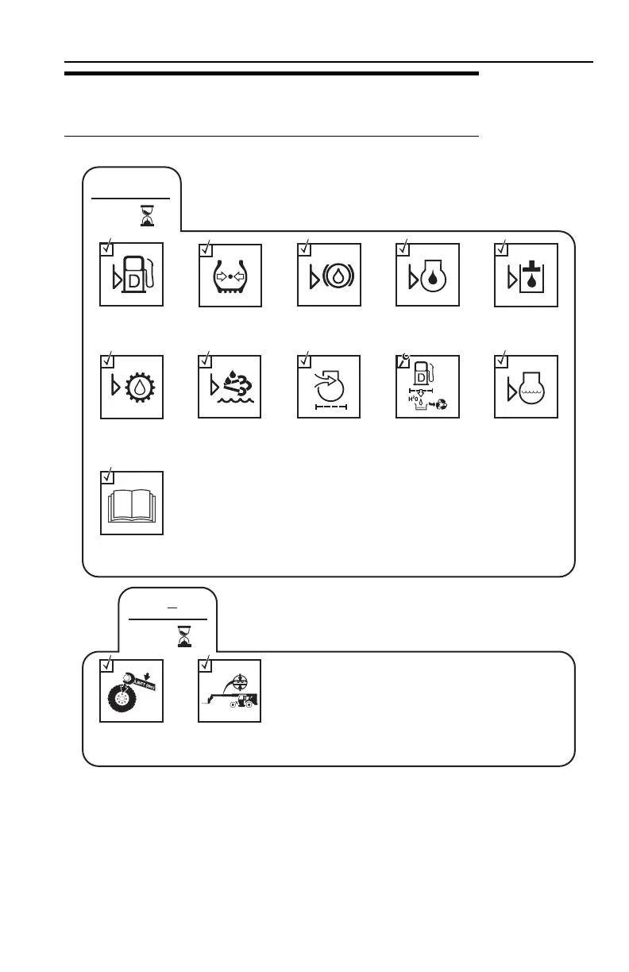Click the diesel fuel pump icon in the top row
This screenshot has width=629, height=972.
click(132, 275)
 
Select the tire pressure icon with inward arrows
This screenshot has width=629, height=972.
click(230, 275)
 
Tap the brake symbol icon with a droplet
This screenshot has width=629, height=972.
click(329, 275)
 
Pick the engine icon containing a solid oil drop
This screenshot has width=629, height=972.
click(427, 275)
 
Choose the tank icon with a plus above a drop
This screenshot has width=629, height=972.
click(526, 275)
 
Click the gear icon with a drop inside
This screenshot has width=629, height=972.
click(132, 388)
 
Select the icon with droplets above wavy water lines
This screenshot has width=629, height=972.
click(230, 388)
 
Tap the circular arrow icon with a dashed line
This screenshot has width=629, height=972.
click(329, 388)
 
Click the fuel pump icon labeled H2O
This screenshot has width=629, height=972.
click(427, 388)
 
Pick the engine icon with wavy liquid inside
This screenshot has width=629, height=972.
click(526, 388)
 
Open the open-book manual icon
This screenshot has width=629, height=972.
click(132, 503)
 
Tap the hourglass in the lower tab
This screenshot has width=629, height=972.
click(183, 635)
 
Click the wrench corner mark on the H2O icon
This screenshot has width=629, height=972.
click(403, 361)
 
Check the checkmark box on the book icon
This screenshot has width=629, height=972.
click(106, 477)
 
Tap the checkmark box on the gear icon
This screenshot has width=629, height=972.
click(106, 361)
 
